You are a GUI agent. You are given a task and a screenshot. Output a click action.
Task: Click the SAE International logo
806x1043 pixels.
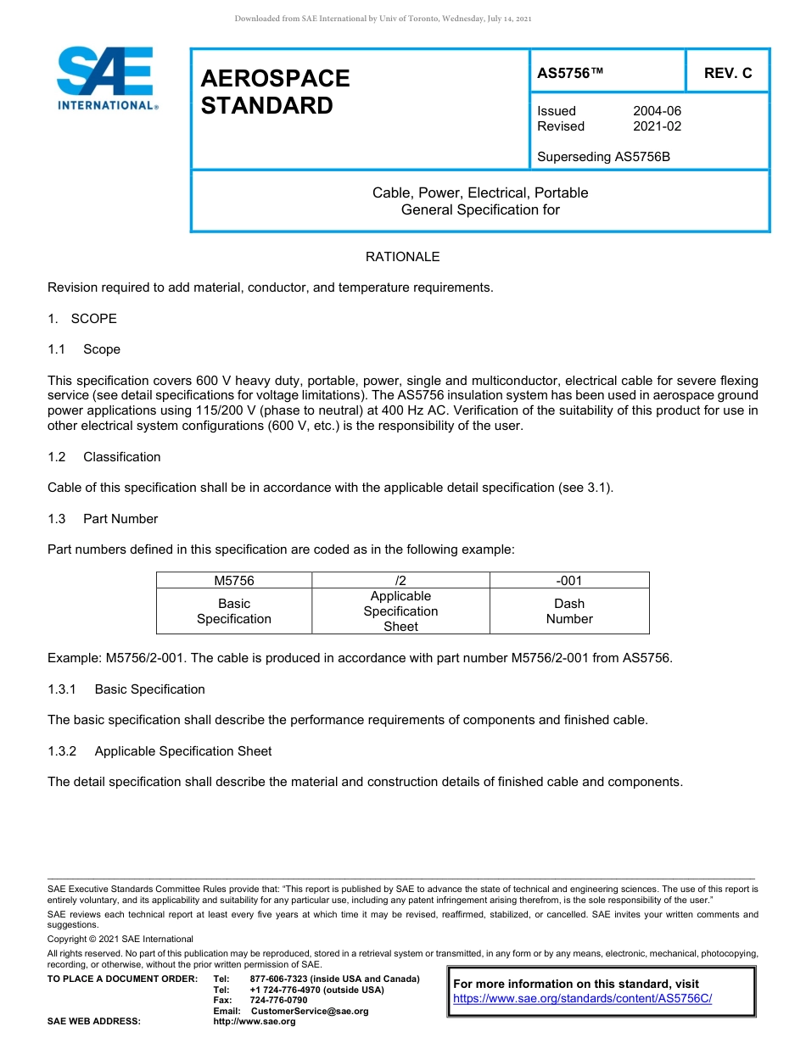[x=106, y=78]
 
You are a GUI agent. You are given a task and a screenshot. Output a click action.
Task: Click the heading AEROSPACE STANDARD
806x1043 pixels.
[x=275, y=92]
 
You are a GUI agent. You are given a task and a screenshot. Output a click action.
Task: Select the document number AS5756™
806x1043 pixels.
[x=570, y=74]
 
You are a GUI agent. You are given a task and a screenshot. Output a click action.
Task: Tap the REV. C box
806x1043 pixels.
[x=727, y=74]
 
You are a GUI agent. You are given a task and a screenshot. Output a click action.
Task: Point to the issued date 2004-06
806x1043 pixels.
[x=657, y=111]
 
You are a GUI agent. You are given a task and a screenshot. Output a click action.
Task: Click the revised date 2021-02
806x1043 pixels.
[x=657, y=126]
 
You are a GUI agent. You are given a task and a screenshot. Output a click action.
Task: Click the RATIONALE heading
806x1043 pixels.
[x=402, y=257]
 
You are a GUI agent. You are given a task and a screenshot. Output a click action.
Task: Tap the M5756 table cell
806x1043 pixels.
[x=234, y=581]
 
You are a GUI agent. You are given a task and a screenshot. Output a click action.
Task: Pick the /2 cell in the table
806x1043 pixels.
[x=400, y=581]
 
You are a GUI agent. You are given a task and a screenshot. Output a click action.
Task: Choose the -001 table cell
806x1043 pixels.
[x=568, y=581]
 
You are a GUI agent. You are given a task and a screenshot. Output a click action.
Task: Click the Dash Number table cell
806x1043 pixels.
[x=568, y=611]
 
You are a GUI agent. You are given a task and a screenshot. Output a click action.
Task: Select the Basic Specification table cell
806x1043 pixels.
[x=234, y=611]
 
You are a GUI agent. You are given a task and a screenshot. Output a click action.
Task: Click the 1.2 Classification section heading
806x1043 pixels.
[x=104, y=457]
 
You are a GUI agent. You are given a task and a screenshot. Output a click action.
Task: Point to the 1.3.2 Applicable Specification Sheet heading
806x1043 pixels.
[x=160, y=751]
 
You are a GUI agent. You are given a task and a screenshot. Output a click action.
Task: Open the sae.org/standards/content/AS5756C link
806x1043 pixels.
[x=582, y=999]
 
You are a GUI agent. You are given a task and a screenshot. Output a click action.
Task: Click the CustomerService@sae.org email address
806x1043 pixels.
[x=310, y=1011]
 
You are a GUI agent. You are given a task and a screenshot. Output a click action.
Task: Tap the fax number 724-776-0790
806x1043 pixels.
[x=279, y=1001]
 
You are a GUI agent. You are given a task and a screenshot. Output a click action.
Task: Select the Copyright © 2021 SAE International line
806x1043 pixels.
[x=120, y=939]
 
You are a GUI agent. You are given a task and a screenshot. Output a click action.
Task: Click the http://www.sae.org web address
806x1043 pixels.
[x=255, y=1022]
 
